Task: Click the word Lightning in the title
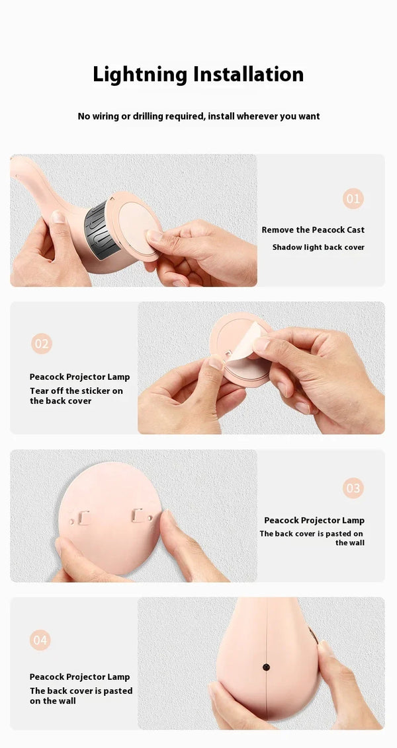click(140, 75)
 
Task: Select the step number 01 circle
click(353, 198)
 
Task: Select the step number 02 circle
click(42, 344)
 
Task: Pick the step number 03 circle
click(353, 488)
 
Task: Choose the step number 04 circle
click(40, 640)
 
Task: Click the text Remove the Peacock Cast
click(313, 230)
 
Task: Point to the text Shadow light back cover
click(318, 248)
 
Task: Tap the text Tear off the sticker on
click(77, 391)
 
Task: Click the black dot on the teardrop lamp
click(266, 667)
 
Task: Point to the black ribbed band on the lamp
click(103, 231)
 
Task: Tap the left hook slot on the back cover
click(83, 517)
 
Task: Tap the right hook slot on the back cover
click(138, 515)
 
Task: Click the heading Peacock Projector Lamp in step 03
click(314, 521)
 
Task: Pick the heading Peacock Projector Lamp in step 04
click(80, 677)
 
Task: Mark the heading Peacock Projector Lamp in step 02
click(80, 377)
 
